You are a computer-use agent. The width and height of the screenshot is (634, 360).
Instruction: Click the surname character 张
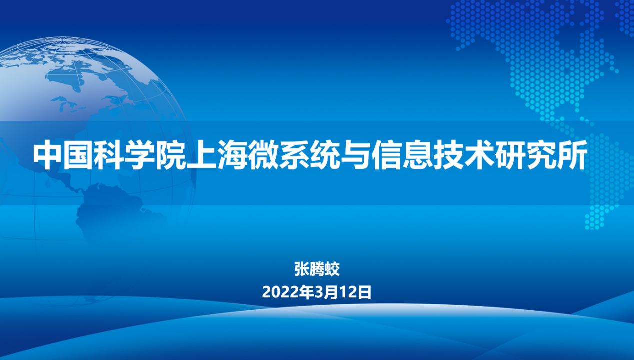[302, 269]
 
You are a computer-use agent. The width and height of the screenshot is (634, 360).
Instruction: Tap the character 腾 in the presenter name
[317, 269]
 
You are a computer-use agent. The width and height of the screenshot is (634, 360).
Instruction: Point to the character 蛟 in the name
[332, 269]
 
